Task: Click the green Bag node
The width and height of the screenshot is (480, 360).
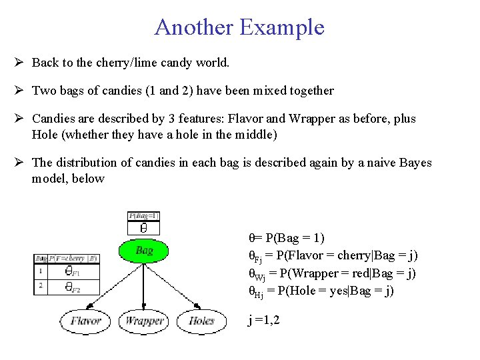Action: click(x=145, y=251)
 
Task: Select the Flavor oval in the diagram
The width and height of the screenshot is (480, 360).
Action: click(x=85, y=321)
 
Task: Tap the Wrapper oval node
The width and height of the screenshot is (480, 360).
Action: click(x=144, y=321)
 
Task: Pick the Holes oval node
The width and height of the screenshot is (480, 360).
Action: click(x=201, y=321)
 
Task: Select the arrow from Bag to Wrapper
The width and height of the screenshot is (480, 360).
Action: click(x=145, y=287)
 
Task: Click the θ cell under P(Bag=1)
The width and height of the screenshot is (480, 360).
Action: click(x=143, y=227)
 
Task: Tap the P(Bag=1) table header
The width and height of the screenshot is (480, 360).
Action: click(x=143, y=215)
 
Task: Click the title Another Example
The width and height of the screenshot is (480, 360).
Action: click(x=239, y=27)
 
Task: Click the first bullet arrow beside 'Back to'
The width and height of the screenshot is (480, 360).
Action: click(x=19, y=63)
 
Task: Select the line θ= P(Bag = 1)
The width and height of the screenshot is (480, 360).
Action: click(x=286, y=238)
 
